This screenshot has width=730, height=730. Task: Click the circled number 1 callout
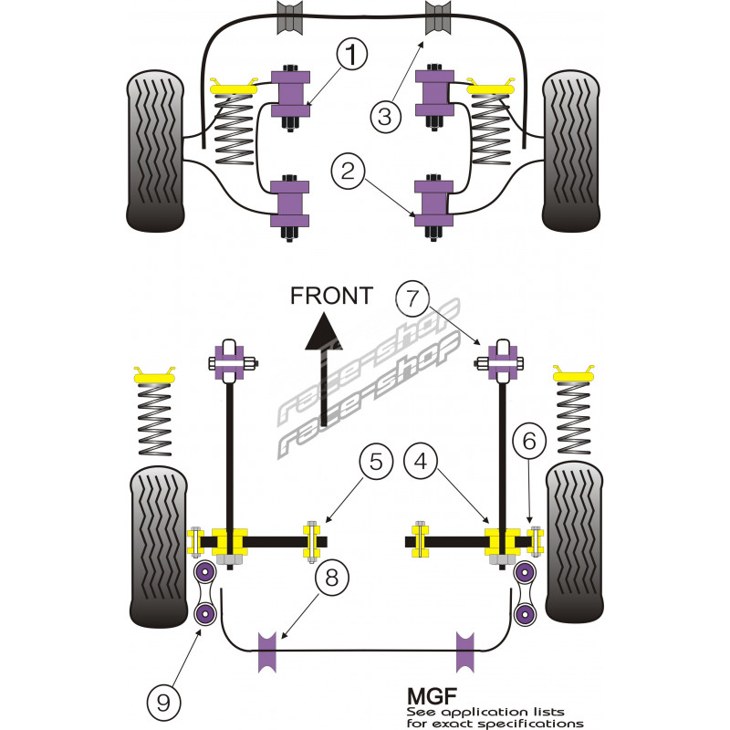(x=350, y=57)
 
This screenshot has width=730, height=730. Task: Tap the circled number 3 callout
(x=386, y=116)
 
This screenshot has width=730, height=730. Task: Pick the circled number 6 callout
(x=529, y=442)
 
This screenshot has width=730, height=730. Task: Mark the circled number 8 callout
(x=331, y=578)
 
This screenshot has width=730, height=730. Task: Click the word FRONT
(x=330, y=296)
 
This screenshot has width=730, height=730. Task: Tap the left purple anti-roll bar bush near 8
(x=269, y=651)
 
